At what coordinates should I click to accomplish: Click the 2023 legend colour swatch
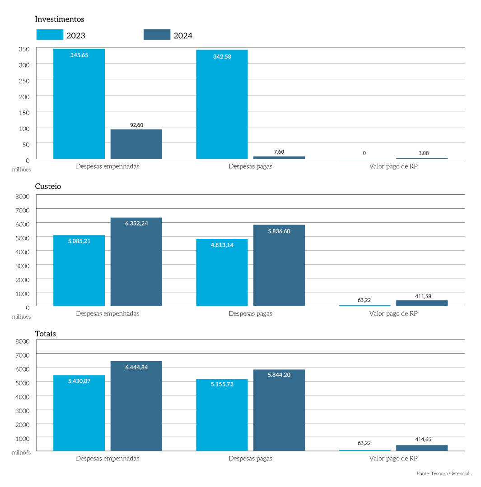click(50, 35)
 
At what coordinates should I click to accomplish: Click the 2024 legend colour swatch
click(157, 35)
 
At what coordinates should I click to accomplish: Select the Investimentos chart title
click(60, 19)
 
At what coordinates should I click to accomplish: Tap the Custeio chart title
click(48, 186)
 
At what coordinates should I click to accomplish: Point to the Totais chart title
click(46, 334)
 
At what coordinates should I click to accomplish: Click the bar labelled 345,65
click(79, 104)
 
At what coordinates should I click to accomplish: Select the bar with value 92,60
click(136, 144)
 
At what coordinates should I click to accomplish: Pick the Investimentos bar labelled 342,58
click(222, 104)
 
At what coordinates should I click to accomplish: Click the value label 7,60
click(279, 152)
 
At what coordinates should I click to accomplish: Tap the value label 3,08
click(424, 153)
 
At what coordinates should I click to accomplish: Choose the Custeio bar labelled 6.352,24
click(136, 262)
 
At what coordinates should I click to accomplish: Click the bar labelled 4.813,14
click(222, 272)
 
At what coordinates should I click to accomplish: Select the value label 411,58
click(423, 296)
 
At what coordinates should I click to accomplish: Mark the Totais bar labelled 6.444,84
click(136, 406)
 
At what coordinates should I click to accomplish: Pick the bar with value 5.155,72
click(222, 415)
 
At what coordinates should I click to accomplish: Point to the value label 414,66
click(423, 439)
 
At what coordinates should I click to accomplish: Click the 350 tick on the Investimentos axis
click(24, 49)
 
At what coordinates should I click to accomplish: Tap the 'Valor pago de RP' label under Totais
click(393, 459)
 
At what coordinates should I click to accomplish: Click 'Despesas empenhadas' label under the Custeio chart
click(107, 313)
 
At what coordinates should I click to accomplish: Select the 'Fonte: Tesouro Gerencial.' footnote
click(443, 473)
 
